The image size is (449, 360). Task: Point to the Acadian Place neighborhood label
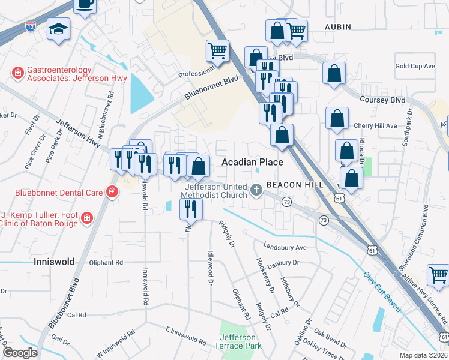252,162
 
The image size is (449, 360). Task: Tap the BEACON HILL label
296,185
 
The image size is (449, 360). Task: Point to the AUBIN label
337,28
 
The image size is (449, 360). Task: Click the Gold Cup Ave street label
415,66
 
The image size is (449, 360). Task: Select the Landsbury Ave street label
285,247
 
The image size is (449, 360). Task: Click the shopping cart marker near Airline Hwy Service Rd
438,275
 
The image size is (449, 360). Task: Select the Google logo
20,353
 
